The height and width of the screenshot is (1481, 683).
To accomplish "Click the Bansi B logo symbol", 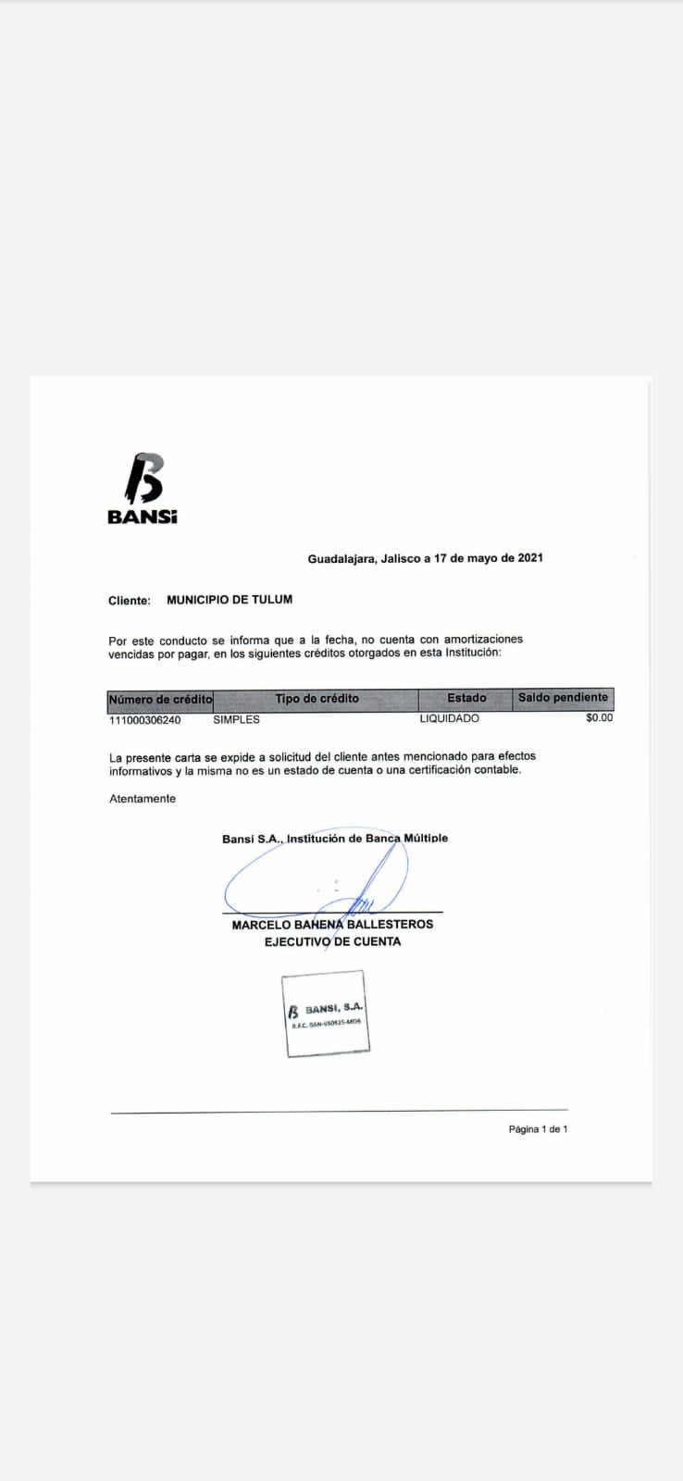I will point(143,479).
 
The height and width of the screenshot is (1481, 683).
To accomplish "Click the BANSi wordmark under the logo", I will point(142,517).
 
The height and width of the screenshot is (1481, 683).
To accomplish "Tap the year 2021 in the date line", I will point(530,558).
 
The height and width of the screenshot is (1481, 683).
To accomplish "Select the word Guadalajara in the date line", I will point(341,558).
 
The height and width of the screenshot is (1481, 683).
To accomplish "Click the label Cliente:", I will point(129,601).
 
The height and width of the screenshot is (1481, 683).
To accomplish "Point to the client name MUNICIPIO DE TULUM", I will point(230,600).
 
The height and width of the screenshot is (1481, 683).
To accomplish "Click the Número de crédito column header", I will point(160,699).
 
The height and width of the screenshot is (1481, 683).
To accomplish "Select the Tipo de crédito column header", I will point(317,699).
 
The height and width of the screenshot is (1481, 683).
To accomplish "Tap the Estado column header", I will point(466,698).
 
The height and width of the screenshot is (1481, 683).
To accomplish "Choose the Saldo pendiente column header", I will point(563,698).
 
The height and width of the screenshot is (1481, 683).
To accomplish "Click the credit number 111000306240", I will point(145,719).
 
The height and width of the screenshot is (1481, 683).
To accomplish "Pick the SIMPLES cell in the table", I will point(236,719).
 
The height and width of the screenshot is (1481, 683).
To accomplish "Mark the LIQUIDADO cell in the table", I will point(449,718).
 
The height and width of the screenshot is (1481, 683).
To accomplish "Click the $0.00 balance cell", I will point(599,717).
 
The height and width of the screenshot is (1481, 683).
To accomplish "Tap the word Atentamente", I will point(143,799).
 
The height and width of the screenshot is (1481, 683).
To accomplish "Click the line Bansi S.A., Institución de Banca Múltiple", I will point(335,839).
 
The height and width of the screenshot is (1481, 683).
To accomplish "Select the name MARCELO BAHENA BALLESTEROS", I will point(332,925).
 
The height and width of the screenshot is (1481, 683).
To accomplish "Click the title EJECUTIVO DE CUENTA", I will point(332,941).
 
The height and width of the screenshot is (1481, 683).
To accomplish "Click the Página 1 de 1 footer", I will point(538,1129).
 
